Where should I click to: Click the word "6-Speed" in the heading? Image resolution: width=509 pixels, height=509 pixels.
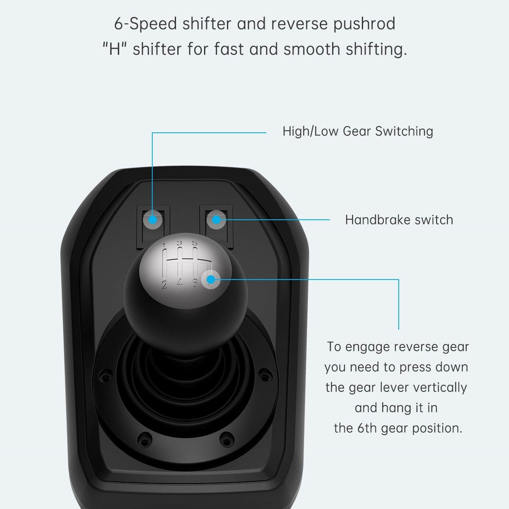click(145, 24)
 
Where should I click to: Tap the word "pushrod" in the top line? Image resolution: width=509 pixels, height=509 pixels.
click(364, 24)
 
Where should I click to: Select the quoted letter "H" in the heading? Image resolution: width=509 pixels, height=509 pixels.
click(115, 49)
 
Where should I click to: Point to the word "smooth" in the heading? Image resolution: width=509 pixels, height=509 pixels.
click(312, 49)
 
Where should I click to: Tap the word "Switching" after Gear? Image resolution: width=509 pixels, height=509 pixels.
click(404, 131)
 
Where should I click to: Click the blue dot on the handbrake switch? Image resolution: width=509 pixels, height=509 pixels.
click(216, 219)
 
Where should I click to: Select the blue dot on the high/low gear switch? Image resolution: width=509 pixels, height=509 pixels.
click(153, 219)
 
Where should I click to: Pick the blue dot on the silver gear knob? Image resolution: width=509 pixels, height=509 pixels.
click(210, 279)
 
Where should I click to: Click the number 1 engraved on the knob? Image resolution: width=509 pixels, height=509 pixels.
click(164, 246)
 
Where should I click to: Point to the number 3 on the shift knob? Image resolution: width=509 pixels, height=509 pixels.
click(179, 243)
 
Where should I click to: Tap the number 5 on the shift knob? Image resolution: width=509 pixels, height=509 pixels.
click(194, 243)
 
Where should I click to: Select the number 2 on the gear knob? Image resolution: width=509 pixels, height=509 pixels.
click(164, 285)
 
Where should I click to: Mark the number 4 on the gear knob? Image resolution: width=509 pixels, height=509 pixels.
click(179, 283)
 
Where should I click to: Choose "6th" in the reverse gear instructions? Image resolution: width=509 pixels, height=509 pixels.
click(366, 428)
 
